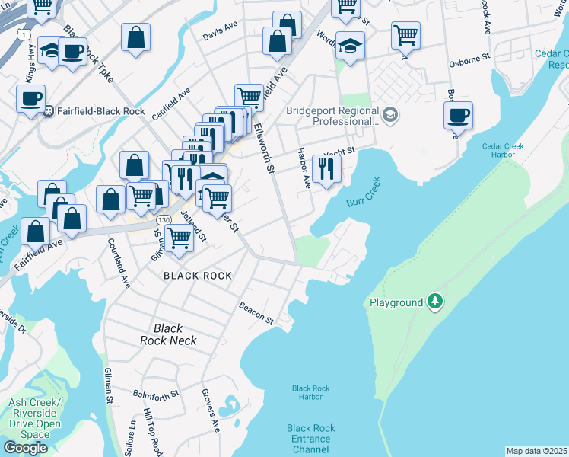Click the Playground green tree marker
click(x=434, y=302)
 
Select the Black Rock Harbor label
click(x=310, y=392)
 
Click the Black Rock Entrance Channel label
click(x=310, y=439)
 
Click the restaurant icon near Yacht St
click(x=326, y=168)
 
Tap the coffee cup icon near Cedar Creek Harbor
click(x=459, y=117)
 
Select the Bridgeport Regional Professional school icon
click(x=390, y=115)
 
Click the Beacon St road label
click(x=256, y=315)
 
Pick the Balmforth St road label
click(x=155, y=395)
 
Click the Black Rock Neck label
click(x=174, y=334)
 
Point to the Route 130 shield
click(x=164, y=219)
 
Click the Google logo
click(x=25, y=448)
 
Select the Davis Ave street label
click(x=221, y=36)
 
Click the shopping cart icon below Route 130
click(x=180, y=238)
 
